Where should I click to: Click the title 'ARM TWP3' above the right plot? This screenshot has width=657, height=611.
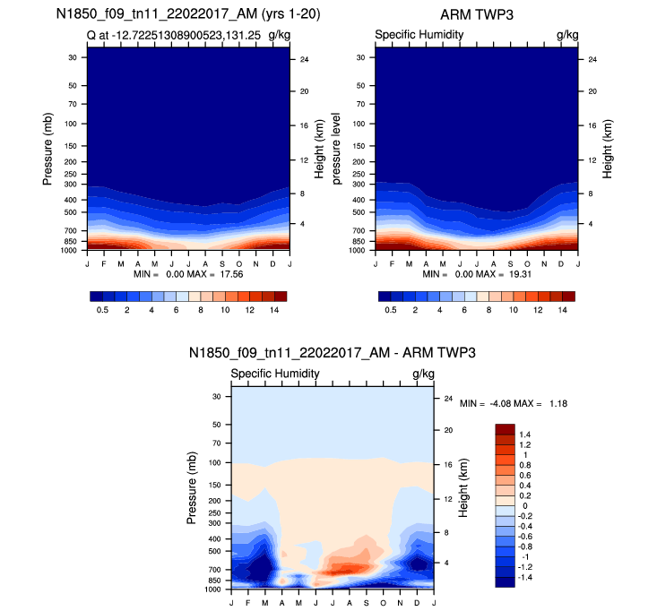476,15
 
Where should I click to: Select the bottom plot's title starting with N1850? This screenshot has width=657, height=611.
333,354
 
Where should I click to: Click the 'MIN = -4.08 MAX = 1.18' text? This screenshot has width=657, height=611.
514,404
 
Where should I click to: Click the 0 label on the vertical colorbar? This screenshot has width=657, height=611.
523,506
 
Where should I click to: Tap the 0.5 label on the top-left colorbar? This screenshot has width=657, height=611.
102,309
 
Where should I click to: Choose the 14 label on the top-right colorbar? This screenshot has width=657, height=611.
563,309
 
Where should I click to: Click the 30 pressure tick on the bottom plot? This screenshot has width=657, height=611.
216,396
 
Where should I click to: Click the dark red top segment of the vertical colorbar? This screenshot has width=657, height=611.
505,428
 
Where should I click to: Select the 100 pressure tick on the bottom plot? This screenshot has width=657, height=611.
214,462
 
